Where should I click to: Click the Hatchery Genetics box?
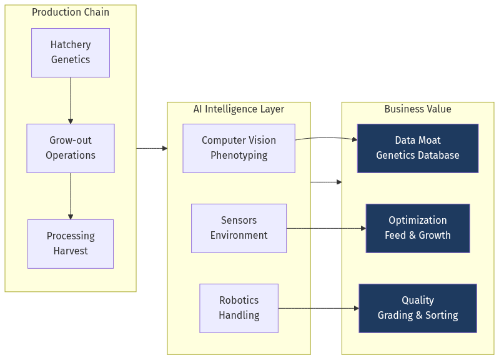[x=71, y=52]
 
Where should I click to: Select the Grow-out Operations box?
[x=71, y=148]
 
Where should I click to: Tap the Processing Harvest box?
[x=71, y=244]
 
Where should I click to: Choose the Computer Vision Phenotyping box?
[x=239, y=148]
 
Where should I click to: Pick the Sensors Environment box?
[x=239, y=228]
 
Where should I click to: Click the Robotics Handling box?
[x=239, y=308]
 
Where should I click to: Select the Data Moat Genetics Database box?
[x=417, y=148]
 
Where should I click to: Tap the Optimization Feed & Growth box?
[x=417, y=228]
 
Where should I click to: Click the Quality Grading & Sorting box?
[x=417, y=308]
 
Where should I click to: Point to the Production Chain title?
[x=71, y=12]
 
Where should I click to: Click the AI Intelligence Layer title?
[x=239, y=109]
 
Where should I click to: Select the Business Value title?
[x=417, y=109]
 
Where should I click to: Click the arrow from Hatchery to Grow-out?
[x=71, y=100]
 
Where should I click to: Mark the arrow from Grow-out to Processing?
[x=71, y=196]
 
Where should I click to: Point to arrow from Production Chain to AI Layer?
[x=152, y=148]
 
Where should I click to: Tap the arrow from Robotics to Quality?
[x=319, y=308]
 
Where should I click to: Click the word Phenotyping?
[x=239, y=156]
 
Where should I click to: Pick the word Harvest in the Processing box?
[x=71, y=251]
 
